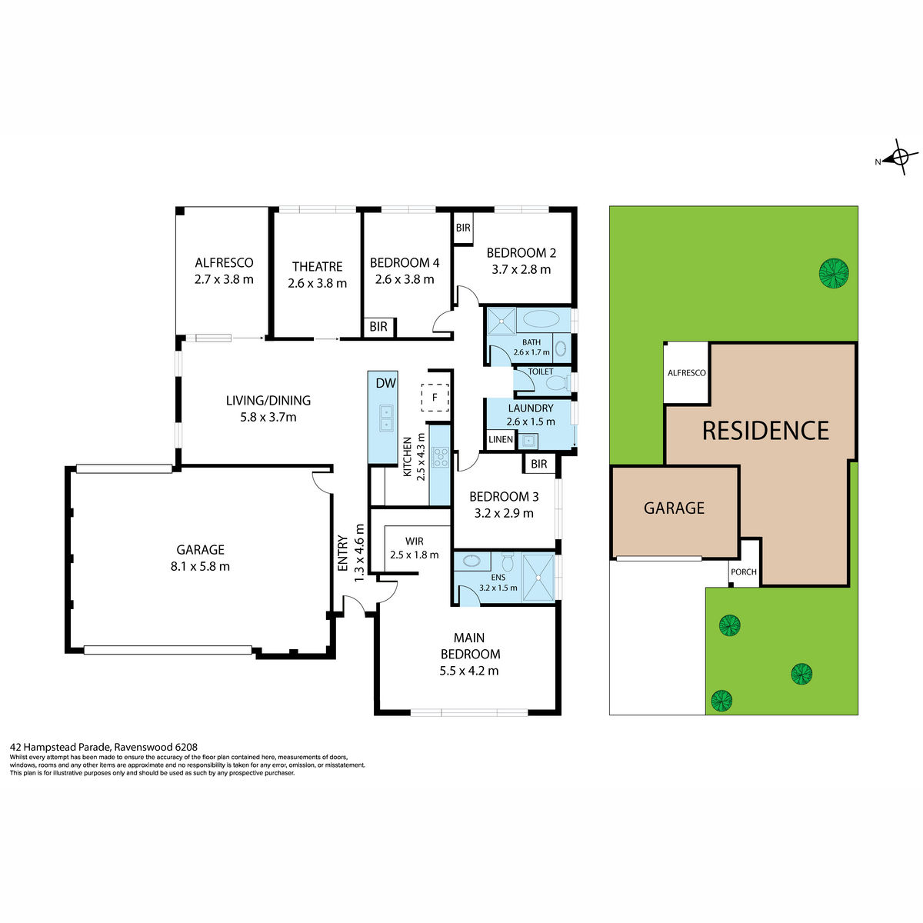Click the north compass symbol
897,159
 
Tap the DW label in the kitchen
385,383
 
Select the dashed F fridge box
435,397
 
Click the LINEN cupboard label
500,440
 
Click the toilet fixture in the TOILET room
558,382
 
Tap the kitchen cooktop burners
440,458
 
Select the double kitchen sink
385,418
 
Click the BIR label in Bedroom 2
463,228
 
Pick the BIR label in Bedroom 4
378,327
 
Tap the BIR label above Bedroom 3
538,464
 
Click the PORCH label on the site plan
744,572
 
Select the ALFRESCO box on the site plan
686,373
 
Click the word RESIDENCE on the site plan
765,431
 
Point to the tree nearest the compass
834,273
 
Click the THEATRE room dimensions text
317,283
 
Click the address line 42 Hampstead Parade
104,747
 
